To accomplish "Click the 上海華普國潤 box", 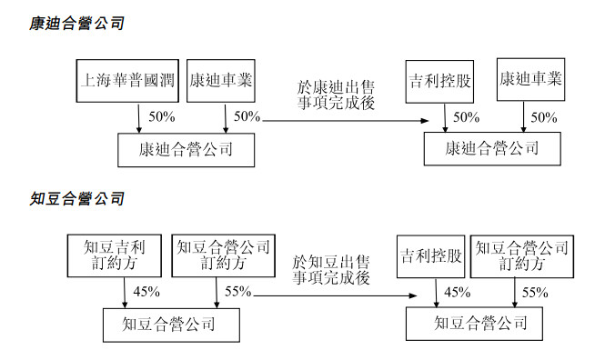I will pyautogui.click(x=127, y=80).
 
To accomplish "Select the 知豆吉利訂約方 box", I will pyautogui.click(x=114, y=255).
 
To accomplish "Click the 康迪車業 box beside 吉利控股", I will pyautogui.click(x=531, y=80).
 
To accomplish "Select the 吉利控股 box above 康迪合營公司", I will pyautogui.click(x=440, y=80).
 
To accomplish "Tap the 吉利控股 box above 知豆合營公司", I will pyautogui.click(x=431, y=256).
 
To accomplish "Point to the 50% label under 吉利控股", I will pyautogui.click(x=466, y=117).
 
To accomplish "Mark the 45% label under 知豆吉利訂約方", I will pyautogui.click(x=146, y=292).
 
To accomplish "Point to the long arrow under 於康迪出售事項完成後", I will pyautogui.click(x=346, y=119).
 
